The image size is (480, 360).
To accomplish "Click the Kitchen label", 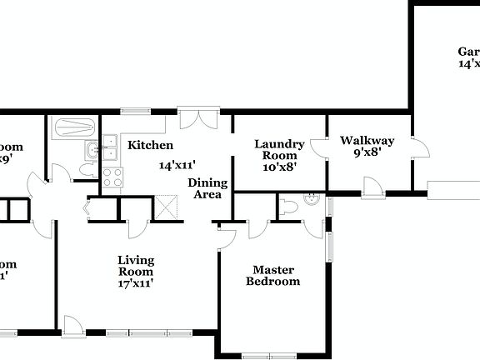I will (150, 146).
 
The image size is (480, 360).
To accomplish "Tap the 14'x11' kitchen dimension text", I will (177, 165).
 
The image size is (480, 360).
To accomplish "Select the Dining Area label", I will (204, 188).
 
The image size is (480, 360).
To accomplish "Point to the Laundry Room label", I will (278, 150).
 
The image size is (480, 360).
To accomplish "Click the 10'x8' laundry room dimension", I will (279, 166).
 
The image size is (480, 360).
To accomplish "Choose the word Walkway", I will (367, 140).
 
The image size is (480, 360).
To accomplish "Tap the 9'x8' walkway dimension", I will (367, 152).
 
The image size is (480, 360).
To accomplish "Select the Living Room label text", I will (135, 266).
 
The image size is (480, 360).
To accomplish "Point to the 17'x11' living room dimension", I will (135, 283).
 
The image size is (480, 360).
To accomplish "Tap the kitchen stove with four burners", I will (112, 177).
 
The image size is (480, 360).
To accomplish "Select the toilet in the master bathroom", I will (288, 207).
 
